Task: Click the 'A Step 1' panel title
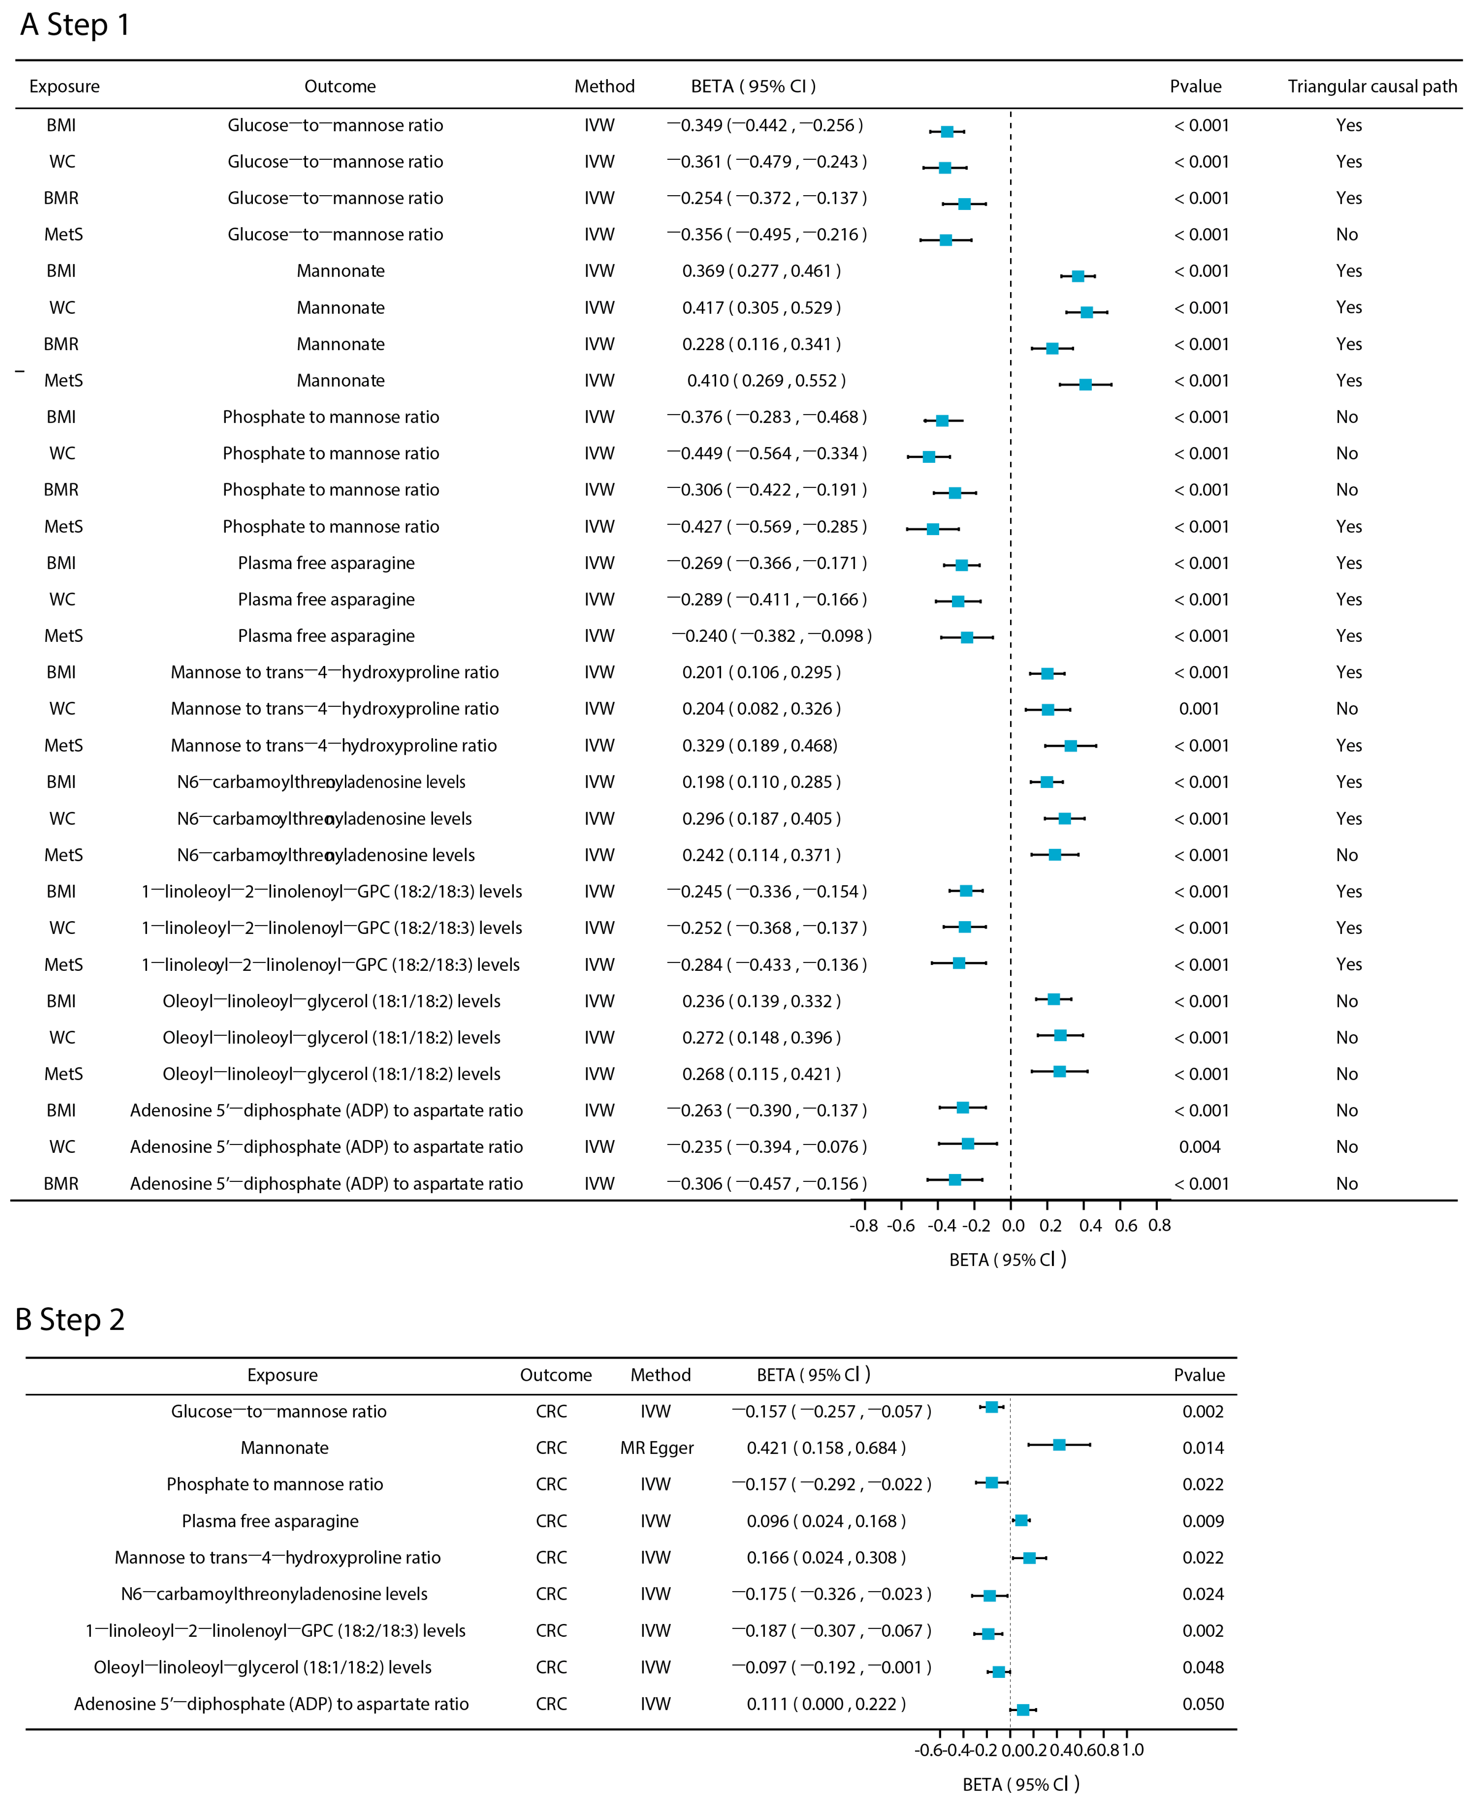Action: [75, 25]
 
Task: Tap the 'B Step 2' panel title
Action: [70, 1319]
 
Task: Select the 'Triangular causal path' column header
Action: [1372, 86]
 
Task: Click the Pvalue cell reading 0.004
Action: [1199, 1147]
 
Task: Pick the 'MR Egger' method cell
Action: [657, 1448]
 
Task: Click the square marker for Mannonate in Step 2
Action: [1059, 1444]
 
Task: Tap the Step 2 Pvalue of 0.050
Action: [1203, 1703]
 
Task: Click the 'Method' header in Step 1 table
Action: [604, 86]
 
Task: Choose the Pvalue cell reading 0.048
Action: [1203, 1667]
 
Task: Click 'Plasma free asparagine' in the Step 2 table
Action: [270, 1521]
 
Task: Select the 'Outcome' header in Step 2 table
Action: [556, 1375]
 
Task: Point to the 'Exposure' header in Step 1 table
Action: [64, 86]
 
